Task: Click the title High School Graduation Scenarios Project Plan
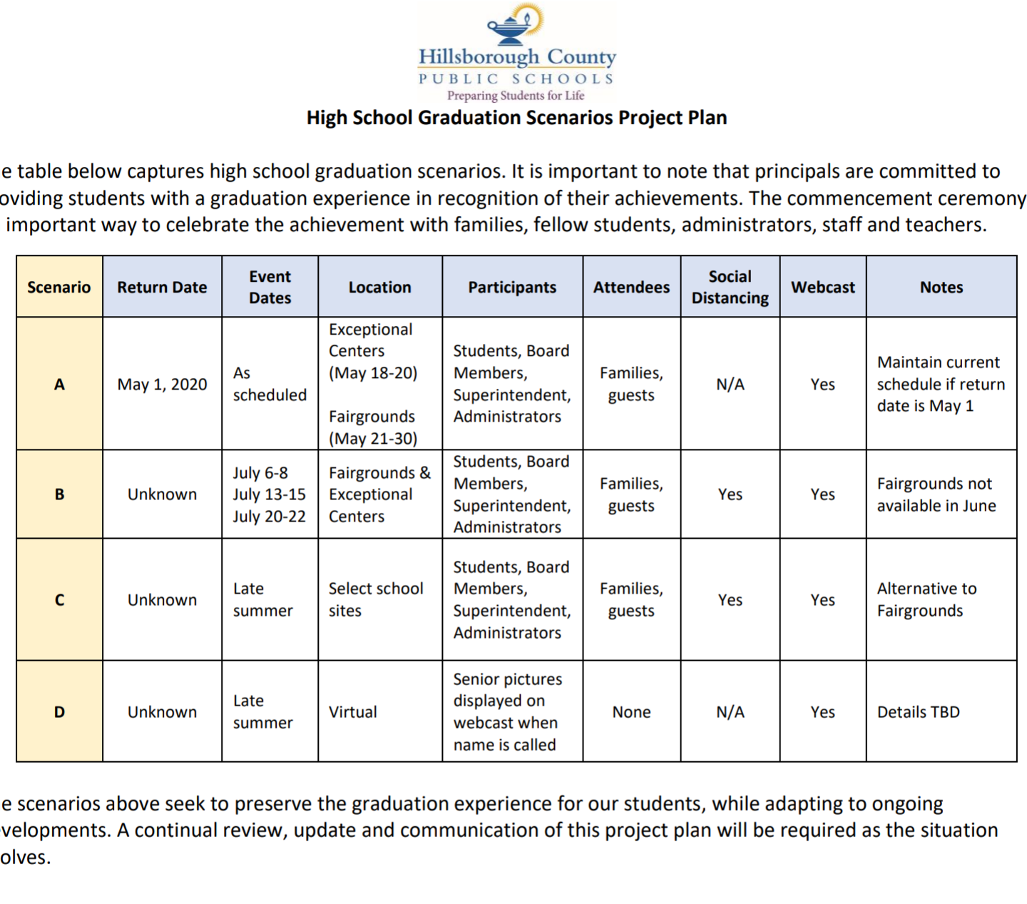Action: click(x=516, y=118)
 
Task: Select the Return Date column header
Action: click(x=162, y=287)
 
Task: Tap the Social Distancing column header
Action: click(x=730, y=287)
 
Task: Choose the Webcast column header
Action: click(x=822, y=287)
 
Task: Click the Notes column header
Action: click(x=941, y=287)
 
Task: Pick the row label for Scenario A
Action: click(x=59, y=385)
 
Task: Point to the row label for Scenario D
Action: click(x=59, y=712)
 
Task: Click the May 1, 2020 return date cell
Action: click(x=162, y=385)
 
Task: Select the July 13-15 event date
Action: click(x=269, y=494)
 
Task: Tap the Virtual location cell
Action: click(x=352, y=712)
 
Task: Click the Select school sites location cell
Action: click(x=375, y=599)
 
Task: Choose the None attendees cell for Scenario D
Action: click(x=631, y=712)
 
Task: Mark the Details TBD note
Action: click(x=918, y=712)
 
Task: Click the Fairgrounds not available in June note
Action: click(x=936, y=494)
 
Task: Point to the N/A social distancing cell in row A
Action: click(x=730, y=385)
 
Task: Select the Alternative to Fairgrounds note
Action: click(x=926, y=599)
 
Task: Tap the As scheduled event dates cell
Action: click(x=269, y=384)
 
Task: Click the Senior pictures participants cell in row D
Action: click(x=507, y=711)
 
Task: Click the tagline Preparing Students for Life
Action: click(x=516, y=96)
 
